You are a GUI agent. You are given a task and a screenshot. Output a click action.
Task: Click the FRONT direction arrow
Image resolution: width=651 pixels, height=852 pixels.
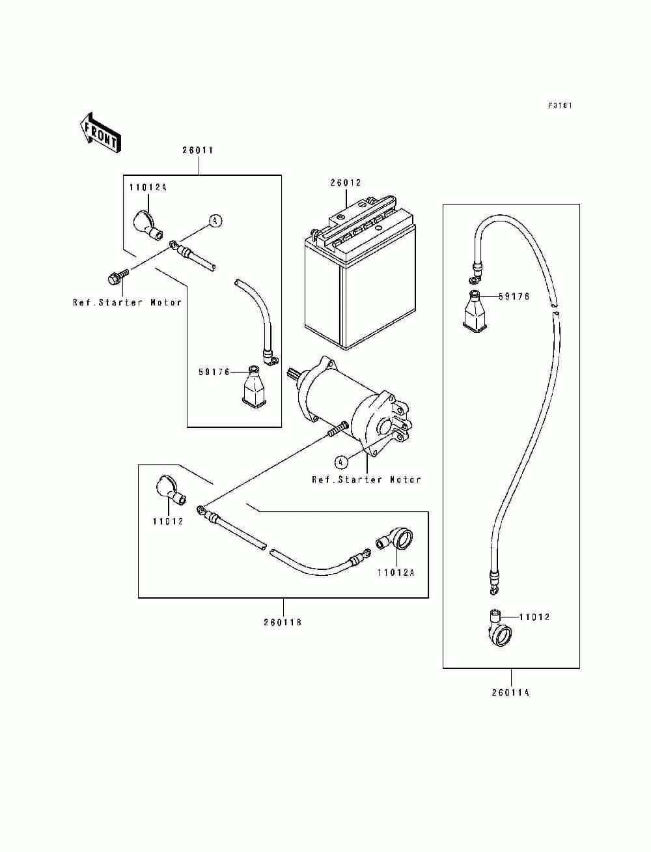(x=100, y=133)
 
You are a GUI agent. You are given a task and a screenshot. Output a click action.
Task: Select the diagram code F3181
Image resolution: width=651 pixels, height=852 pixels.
(x=561, y=106)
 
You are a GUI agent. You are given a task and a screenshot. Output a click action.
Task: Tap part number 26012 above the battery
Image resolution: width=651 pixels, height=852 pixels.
(x=346, y=182)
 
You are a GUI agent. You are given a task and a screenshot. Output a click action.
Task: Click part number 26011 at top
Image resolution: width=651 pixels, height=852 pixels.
(x=199, y=150)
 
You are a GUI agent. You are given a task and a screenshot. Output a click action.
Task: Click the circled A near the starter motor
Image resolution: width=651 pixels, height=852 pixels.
(x=340, y=462)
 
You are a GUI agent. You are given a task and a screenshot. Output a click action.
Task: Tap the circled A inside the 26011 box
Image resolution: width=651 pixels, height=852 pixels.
(x=215, y=221)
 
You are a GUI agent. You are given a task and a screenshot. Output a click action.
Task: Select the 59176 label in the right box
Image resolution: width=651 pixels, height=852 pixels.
(x=514, y=296)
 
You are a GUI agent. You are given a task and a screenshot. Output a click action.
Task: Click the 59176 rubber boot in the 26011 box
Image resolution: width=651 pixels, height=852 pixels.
(x=253, y=387)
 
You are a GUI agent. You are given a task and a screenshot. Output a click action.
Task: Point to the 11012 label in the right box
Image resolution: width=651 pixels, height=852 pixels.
(x=534, y=617)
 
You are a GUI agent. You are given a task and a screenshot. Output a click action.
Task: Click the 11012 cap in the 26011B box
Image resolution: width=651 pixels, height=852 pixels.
(x=171, y=491)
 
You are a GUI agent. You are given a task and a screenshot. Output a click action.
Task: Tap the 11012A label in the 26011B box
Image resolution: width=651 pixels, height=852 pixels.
(x=396, y=584)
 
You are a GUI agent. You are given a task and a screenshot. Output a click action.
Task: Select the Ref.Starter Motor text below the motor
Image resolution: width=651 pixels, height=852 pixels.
(x=367, y=480)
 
